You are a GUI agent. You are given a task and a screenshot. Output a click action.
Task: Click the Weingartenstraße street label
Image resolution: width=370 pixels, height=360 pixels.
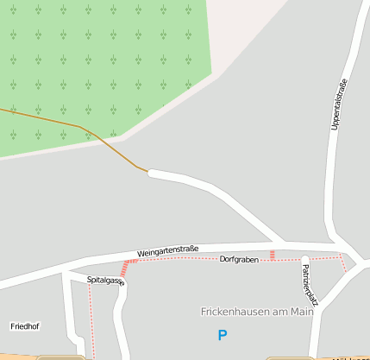tap(167, 249)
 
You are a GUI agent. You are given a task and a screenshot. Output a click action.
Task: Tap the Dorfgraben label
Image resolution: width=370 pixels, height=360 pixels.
tap(239, 259)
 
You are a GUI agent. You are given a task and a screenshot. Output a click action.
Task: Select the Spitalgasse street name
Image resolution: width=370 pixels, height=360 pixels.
tap(105, 281)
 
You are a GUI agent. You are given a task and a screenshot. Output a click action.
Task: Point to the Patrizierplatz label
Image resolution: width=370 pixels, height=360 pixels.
tap(310, 285)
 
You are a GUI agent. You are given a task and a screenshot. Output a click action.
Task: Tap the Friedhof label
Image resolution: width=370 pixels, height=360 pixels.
tap(24, 326)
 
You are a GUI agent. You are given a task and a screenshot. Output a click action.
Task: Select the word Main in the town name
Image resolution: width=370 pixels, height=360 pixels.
tap(303, 312)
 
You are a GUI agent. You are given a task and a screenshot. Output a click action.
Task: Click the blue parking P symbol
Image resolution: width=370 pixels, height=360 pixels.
tap(223, 335)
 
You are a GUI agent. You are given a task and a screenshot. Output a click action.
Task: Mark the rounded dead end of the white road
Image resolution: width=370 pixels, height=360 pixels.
tap(152, 174)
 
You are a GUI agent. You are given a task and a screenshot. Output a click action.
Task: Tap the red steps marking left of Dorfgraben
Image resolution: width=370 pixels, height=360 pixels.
tap(132, 261)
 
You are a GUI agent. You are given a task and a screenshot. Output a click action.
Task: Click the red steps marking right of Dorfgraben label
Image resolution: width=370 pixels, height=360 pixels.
tap(273, 255)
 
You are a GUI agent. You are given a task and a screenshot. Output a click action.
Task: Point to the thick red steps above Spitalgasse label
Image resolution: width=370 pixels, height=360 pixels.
tap(123, 271)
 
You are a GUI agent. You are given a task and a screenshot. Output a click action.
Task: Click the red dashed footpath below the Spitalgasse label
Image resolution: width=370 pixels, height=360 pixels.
tap(91, 319)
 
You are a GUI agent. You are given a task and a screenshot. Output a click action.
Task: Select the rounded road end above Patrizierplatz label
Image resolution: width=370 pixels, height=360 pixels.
tap(304, 258)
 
